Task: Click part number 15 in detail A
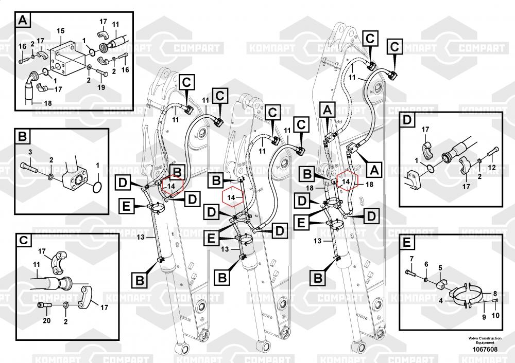(x=60, y=31)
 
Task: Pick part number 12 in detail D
(x=491, y=167)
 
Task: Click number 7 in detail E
(x=411, y=258)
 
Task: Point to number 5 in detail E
(x=440, y=267)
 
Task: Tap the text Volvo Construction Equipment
(x=481, y=340)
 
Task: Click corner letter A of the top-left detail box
(x=23, y=21)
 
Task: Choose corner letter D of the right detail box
(x=406, y=120)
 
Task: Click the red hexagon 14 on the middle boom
(x=231, y=197)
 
